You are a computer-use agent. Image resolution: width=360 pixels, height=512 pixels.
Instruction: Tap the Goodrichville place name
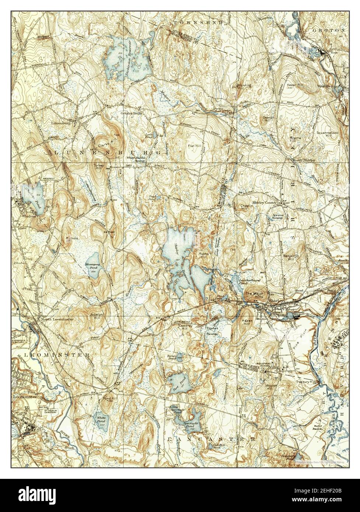click(x=132, y=113)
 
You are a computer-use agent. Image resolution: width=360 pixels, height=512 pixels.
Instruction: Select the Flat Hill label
click(x=194, y=145)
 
